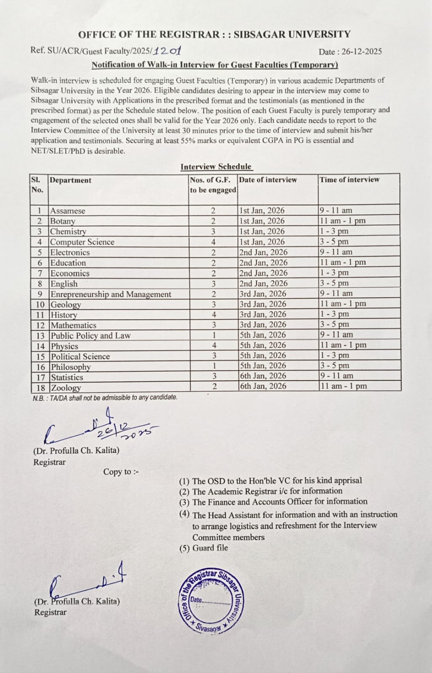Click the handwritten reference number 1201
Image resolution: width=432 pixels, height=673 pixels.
[167, 51]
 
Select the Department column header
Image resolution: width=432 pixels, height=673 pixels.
[70, 180]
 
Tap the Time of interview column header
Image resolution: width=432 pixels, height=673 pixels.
[349, 180]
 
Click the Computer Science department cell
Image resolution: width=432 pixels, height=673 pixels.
[82, 242]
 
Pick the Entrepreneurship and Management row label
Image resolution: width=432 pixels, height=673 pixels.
[111, 294]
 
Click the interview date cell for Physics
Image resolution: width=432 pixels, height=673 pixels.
[263, 345]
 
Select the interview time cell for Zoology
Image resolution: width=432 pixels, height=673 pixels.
[343, 386]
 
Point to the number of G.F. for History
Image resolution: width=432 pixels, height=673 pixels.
[214, 314]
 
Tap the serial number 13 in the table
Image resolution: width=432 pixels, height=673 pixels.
[40, 336]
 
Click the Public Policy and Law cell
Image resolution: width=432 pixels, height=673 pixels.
[90, 336]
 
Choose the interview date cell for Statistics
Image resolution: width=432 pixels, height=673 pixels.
[263, 376]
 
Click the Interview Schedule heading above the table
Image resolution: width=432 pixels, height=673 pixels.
[216, 167]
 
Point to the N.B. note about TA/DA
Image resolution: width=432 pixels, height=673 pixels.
[105, 397]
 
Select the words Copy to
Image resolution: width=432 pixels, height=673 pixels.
[121, 472]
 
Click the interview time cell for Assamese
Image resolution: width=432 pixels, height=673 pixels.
[336, 210]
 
